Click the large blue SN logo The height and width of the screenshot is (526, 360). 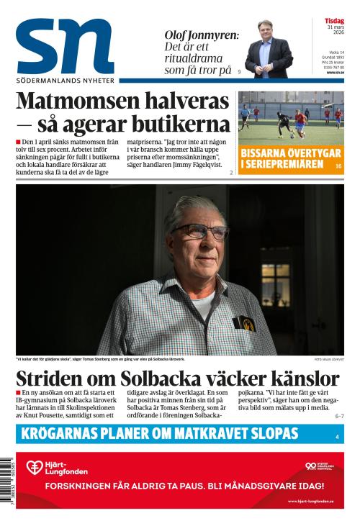(65, 47)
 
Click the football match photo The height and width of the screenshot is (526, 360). (291, 117)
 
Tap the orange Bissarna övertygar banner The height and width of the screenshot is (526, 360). (284, 159)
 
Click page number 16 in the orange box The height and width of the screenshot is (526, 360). (338, 166)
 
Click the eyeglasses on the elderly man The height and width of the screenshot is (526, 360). (199, 232)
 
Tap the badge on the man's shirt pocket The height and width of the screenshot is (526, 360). (246, 324)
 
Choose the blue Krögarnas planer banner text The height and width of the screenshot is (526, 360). (159, 433)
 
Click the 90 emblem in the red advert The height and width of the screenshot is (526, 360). (311, 466)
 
